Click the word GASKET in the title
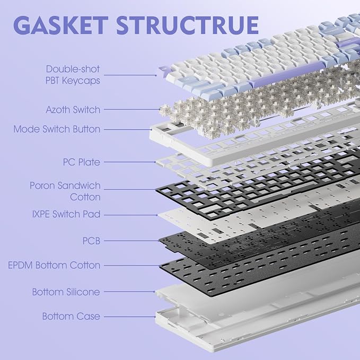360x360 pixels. coord(60,25)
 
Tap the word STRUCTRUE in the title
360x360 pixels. coord(188,25)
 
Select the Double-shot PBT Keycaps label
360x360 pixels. coord(73,75)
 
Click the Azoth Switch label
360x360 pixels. coord(73,110)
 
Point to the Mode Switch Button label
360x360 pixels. coord(57,129)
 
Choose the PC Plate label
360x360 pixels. coord(82,162)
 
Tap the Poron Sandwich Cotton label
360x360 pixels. coord(65,191)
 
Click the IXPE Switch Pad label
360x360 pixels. coord(66,214)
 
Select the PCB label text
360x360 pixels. coord(91,241)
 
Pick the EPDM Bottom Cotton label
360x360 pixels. coord(54,265)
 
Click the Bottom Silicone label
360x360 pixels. coord(66,292)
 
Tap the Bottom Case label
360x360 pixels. coord(71,316)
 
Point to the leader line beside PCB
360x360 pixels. coord(131,241)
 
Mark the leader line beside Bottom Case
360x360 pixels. coord(130,317)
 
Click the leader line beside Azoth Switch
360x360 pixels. coord(132,110)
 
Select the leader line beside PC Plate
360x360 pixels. coord(130,162)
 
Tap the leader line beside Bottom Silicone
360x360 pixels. coord(129,292)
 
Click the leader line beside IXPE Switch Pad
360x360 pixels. coord(131,215)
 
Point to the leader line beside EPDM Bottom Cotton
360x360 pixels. coord(132,266)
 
